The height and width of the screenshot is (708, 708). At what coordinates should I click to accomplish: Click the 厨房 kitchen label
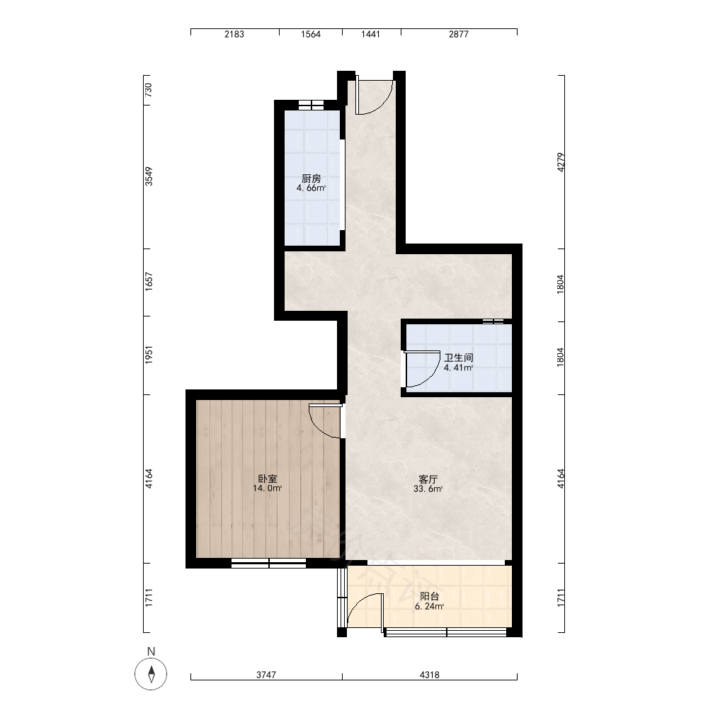(x=311, y=178)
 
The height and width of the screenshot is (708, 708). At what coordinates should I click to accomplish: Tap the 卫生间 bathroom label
(x=459, y=358)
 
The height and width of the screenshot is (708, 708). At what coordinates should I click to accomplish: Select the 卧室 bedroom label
(x=268, y=479)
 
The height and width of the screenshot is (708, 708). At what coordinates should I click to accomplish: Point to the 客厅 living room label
(x=428, y=479)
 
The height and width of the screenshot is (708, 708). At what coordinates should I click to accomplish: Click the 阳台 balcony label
(x=430, y=597)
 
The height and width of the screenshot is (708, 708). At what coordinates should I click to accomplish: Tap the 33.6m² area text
(x=428, y=489)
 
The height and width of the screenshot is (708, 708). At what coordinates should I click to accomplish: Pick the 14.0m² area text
(x=268, y=488)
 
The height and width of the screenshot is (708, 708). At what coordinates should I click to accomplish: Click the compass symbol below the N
(x=152, y=674)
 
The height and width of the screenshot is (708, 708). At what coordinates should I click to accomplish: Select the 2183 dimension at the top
(x=234, y=34)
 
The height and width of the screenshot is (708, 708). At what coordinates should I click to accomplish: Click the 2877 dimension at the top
(x=459, y=34)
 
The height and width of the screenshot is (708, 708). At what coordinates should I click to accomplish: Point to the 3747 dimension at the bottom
(x=266, y=675)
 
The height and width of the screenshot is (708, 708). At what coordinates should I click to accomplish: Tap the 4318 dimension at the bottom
(x=430, y=675)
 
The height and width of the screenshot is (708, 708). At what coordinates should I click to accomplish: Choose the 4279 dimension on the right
(x=561, y=162)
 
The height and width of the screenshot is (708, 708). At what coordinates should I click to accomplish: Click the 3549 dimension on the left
(x=149, y=176)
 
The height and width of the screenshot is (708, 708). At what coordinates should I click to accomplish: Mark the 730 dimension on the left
(x=148, y=88)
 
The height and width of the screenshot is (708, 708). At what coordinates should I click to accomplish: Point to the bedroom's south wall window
(x=268, y=563)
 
